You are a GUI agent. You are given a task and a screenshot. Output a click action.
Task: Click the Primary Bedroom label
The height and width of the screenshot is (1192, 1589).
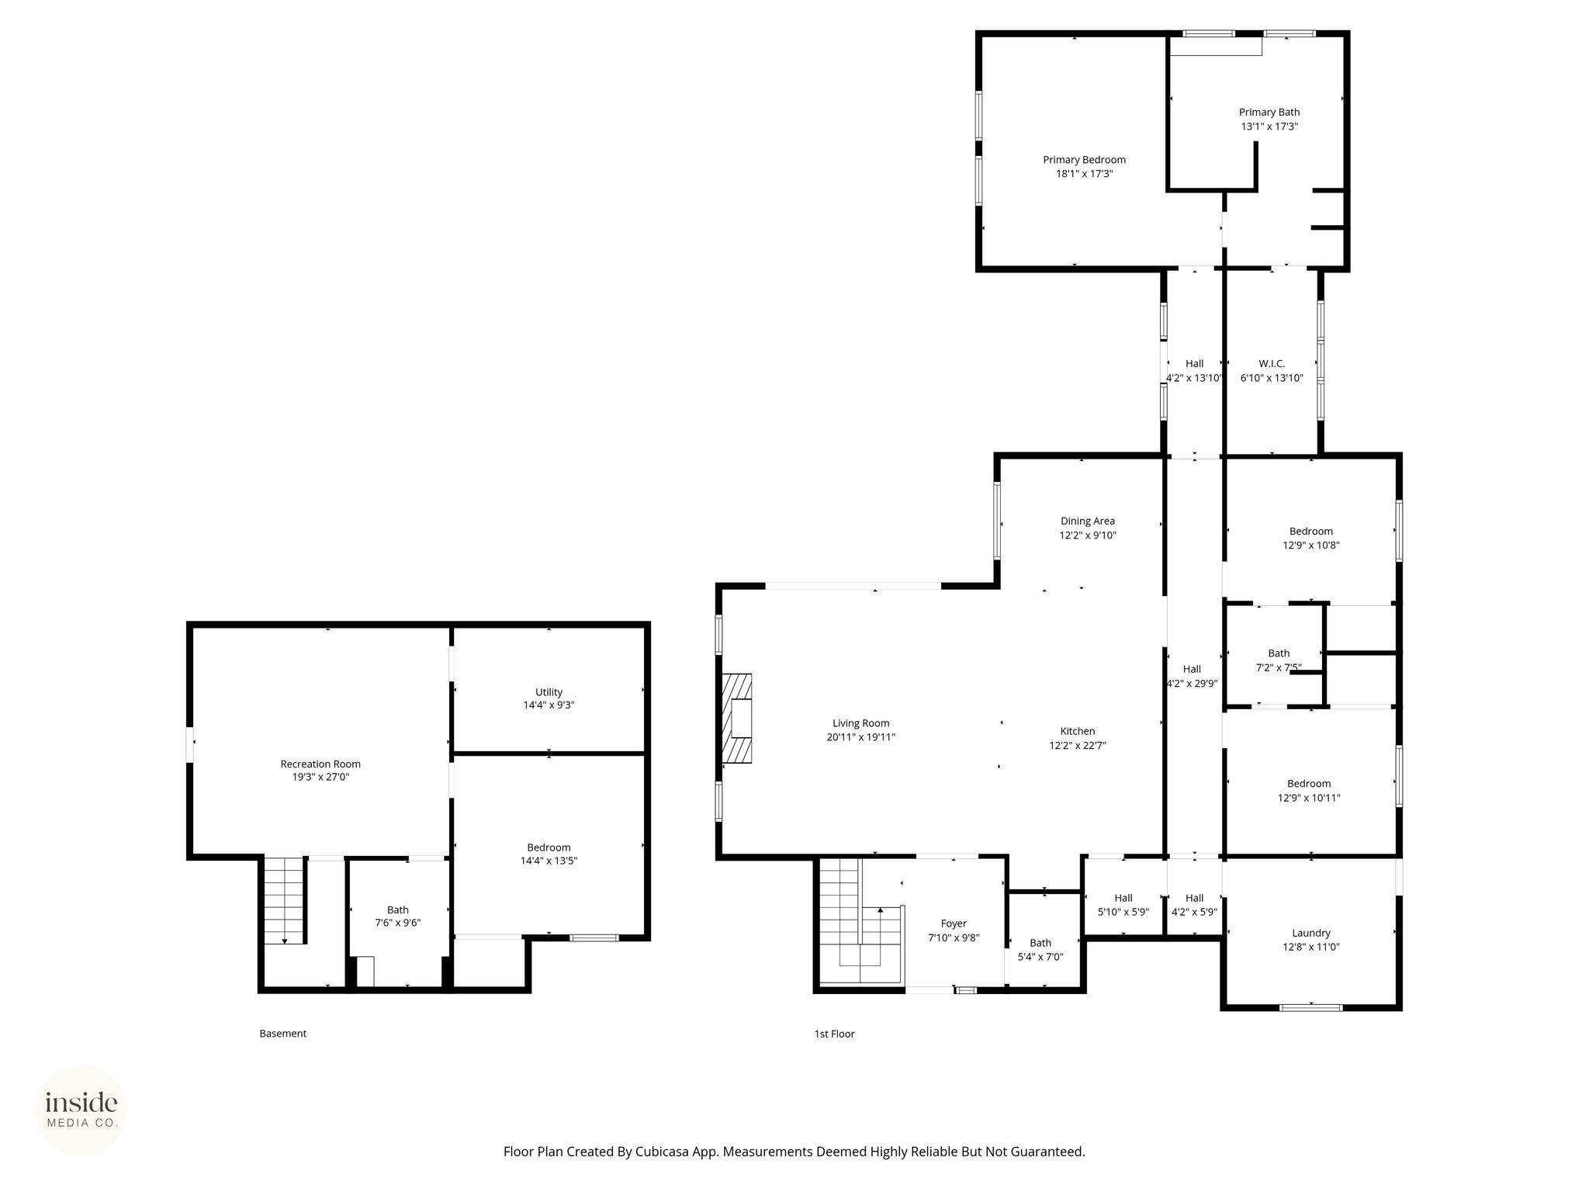click(x=1084, y=160)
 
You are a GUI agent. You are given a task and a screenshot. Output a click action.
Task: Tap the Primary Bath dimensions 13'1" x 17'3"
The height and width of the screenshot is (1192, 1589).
click(x=1269, y=126)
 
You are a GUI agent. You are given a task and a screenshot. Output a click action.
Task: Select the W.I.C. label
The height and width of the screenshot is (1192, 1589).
click(x=1272, y=364)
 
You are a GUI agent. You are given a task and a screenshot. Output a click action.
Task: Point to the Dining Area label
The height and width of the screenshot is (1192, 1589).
click(x=1088, y=521)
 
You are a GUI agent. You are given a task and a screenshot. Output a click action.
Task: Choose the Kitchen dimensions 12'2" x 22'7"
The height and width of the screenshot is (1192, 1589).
click(x=1078, y=746)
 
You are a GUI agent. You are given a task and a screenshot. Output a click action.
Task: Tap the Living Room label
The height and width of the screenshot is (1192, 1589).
click(x=861, y=723)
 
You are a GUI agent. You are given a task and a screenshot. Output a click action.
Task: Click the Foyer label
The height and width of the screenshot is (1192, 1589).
click(x=954, y=923)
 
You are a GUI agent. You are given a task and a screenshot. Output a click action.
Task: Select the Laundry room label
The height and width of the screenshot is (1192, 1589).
click(x=1311, y=933)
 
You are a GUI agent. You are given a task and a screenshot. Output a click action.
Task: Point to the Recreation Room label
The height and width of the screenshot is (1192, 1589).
click(x=320, y=764)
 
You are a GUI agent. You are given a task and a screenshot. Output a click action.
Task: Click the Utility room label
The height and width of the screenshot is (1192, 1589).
click(x=549, y=692)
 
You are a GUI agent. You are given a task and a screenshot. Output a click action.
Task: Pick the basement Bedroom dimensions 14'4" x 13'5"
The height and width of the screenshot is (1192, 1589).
click(x=549, y=861)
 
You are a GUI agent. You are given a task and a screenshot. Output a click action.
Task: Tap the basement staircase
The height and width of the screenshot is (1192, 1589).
click(x=285, y=900)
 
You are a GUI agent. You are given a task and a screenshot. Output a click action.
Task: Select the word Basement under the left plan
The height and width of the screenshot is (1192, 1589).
click(x=283, y=1034)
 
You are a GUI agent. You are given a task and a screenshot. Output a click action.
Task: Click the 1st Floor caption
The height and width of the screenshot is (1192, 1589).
click(x=834, y=1034)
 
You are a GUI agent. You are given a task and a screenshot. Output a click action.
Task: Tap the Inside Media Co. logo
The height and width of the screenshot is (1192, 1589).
click(x=81, y=1111)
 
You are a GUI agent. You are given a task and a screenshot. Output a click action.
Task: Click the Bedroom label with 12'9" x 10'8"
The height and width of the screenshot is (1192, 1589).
click(x=1311, y=532)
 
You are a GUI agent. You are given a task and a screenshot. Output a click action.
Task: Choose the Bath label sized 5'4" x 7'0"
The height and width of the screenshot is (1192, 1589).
click(x=1040, y=944)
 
